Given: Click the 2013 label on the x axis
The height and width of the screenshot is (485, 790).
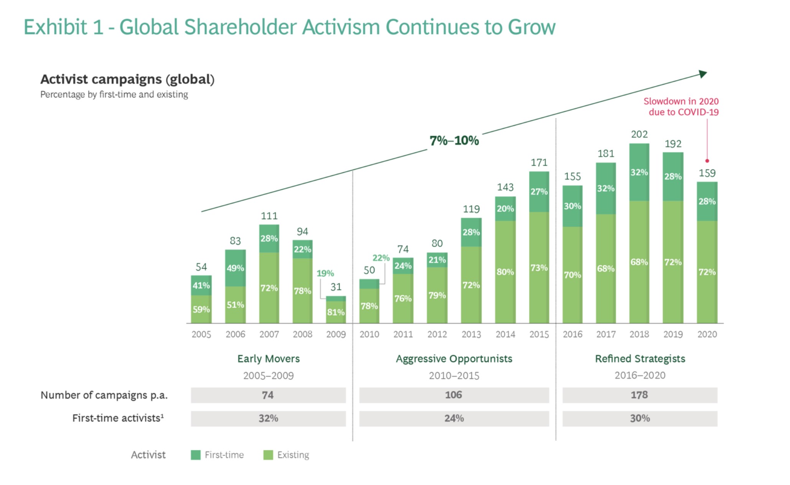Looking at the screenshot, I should coord(471,334).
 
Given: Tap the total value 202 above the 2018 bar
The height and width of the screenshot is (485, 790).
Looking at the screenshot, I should coord(639,134).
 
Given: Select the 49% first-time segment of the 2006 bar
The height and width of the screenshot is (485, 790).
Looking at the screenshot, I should coord(235,268).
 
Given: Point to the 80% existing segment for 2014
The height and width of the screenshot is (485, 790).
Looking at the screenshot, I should coord(505,272).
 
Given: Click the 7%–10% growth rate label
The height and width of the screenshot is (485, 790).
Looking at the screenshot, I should coord(454,141).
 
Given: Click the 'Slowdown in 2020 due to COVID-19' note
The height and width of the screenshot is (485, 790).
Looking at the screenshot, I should coord(681,106).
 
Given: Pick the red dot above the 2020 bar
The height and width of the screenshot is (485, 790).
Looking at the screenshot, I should coord(707,161).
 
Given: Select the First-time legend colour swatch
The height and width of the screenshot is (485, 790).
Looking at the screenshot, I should coord(196,455).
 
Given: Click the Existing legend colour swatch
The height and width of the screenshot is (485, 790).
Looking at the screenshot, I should coord(268,455).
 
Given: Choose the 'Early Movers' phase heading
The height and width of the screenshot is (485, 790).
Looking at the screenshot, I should coord(268,359).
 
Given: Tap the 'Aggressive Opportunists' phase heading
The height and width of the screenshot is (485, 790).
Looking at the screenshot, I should coord(454,359).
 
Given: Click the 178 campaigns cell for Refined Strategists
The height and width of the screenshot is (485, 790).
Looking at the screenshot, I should coord(639,395).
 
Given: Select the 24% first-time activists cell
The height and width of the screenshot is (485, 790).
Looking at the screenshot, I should coord(454,418).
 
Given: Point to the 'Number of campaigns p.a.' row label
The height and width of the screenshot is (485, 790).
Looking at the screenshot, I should coord(104,395).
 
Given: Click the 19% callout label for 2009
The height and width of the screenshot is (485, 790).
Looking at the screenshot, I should coord(325,273).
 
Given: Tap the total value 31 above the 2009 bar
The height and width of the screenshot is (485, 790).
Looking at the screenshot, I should coord(336,287).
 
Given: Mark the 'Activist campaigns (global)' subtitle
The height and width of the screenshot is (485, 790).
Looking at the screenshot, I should coord(127,79).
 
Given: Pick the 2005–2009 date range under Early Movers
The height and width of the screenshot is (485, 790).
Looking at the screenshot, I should coord(268,376).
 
